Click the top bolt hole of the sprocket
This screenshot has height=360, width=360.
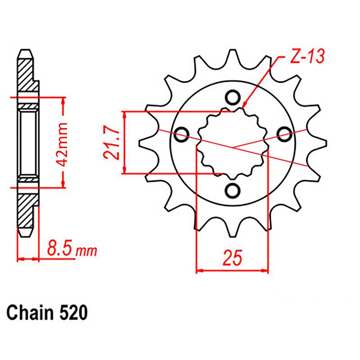coord(233,97)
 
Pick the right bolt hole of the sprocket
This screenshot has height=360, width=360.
coord(284,134)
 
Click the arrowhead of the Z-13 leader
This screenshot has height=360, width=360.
coord(244,106)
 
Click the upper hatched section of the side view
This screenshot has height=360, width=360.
coord(27,76)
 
